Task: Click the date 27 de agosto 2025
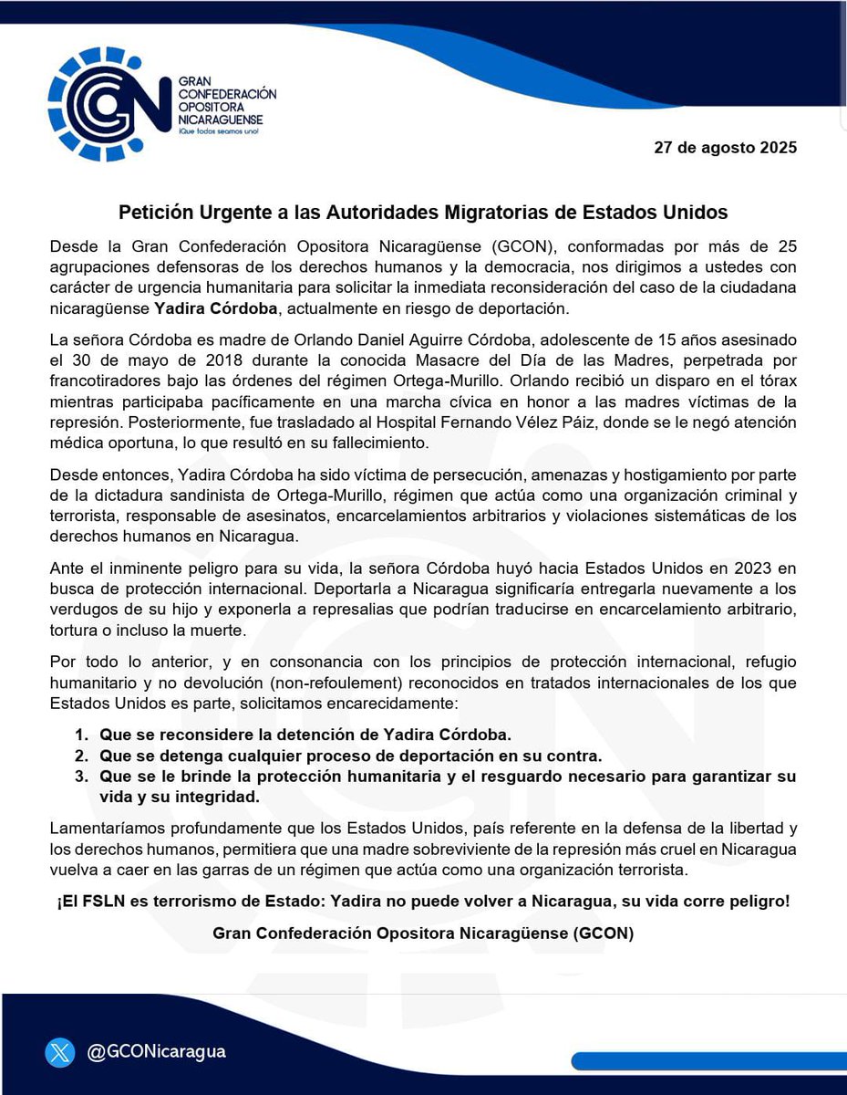[725, 148]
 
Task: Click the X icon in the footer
[60, 1052]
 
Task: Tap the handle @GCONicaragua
[156, 1052]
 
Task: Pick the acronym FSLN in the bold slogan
[102, 902]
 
